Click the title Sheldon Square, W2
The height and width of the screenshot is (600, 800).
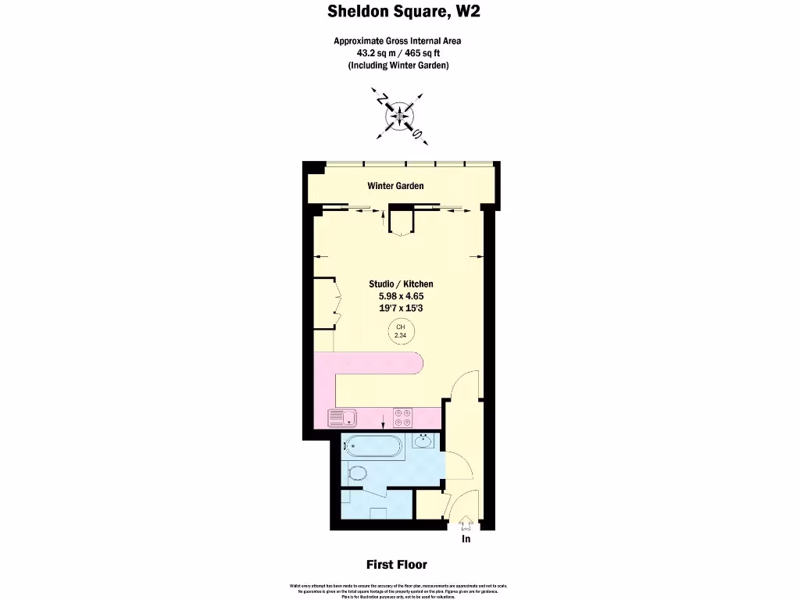[399, 12]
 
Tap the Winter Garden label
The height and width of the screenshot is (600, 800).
[395, 186]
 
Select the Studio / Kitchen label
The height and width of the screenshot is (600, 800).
[401, 284]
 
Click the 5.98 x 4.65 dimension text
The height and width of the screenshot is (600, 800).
[401, 296]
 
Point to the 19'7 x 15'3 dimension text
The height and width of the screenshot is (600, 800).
[401, 308]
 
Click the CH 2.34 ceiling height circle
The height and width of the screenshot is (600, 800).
[401, 331]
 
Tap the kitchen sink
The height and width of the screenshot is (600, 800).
[341, 418]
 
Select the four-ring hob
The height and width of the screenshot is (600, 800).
[402, 418]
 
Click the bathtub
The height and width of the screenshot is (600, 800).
[373, 447]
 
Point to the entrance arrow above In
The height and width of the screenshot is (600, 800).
[466, 523]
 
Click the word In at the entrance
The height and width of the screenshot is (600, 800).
[466, 538]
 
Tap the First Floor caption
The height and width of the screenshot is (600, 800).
[397, 564]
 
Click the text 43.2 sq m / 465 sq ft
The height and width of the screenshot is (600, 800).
[399, 53]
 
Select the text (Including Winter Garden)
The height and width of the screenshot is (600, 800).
[399, 66]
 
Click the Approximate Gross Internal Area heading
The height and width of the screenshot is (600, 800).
[399, 41]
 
